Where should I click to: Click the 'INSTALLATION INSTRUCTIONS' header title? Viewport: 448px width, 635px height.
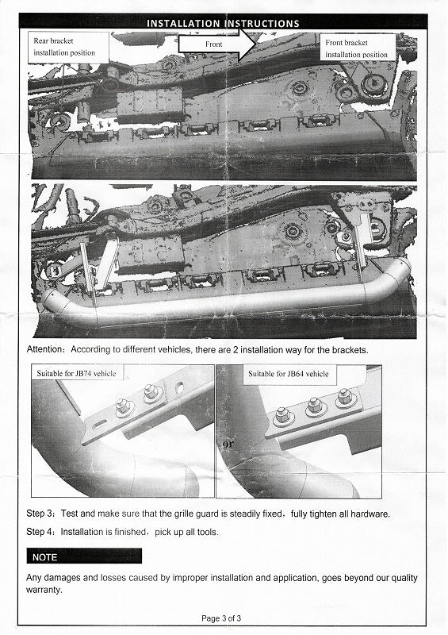pos(223,24)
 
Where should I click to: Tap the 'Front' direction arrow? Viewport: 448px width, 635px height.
pos(217,44)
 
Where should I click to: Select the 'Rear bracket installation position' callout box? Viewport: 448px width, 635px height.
pos(68,47)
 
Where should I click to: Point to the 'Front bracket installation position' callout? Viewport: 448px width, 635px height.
pos(358,48)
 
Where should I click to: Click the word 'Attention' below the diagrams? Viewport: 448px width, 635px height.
pos(44,349)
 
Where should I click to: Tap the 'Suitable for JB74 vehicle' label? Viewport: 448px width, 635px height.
pos(76,373)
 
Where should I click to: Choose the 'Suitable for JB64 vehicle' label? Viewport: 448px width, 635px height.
pos(289,373)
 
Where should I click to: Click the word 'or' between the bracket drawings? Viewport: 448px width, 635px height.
pos(228,444)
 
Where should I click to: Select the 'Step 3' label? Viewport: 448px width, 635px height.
pos(40,514)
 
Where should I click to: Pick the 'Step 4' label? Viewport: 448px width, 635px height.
pos(40,531)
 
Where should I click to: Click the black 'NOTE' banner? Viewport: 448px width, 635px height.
pos(84,556)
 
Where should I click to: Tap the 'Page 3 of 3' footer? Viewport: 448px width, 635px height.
pos(221,618)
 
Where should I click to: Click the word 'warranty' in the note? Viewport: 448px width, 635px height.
pos(44,590)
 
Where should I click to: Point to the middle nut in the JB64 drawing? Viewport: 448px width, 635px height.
pos(315,406)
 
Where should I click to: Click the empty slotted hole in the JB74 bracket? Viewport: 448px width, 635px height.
pos(99,425)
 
